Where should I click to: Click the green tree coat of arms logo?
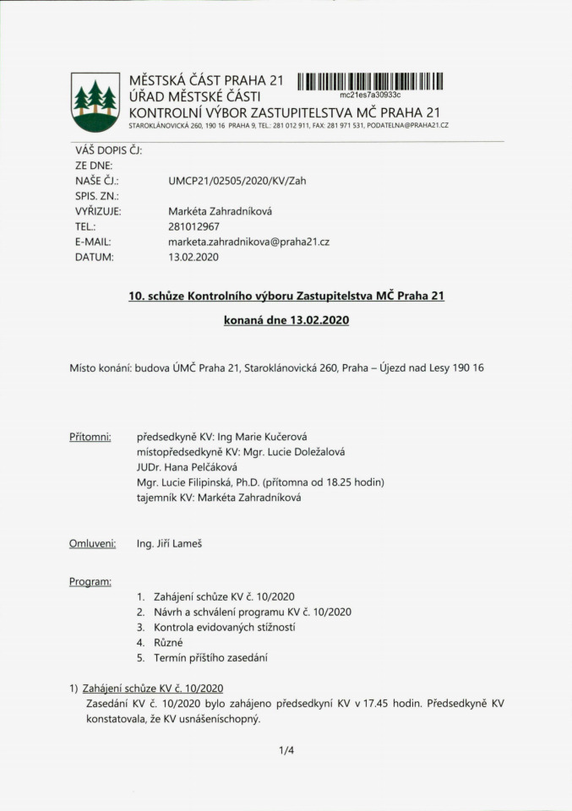coord(95,101)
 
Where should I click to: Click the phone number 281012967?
coord(195,226)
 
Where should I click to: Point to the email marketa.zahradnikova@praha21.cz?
coord(248,242)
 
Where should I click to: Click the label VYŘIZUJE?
coord(98,211)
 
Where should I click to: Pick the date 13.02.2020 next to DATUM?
coord(193,257)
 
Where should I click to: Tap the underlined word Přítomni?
coord(90,437)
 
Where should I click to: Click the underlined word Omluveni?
coord(92,543)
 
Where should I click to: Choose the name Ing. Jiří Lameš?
coord(169,543)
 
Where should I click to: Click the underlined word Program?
coord(90,582)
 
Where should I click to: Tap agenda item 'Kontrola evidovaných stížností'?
coord(224,627)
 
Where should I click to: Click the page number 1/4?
coord(286,749)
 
